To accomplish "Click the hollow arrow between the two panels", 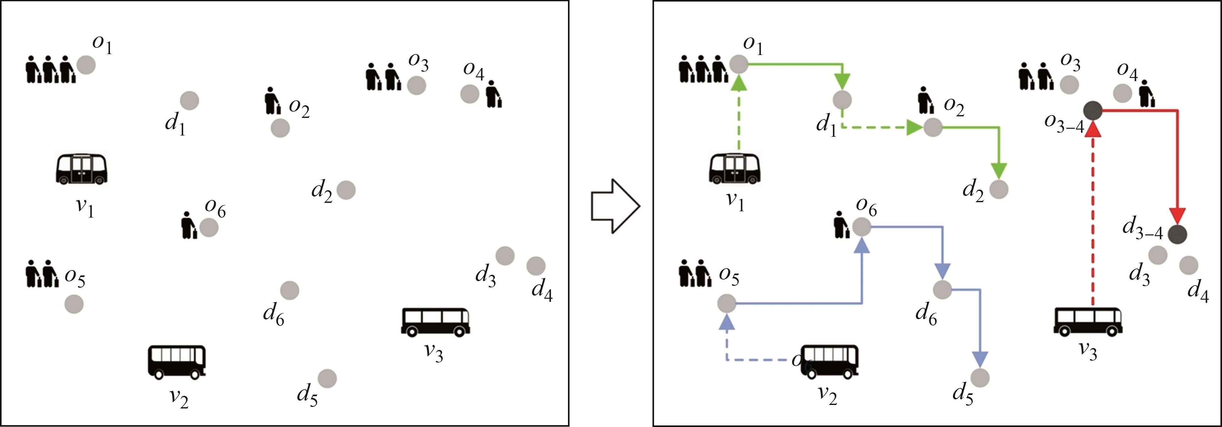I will (615, 206).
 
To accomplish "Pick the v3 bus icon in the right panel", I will (1088, 322).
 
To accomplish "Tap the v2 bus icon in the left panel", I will (177, 362).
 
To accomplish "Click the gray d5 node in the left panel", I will (327, 379).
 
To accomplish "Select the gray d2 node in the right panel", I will (999, 189).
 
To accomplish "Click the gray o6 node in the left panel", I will (209, 228).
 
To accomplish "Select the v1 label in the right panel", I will (735, 200).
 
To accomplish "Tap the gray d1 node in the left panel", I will (189, 101).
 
